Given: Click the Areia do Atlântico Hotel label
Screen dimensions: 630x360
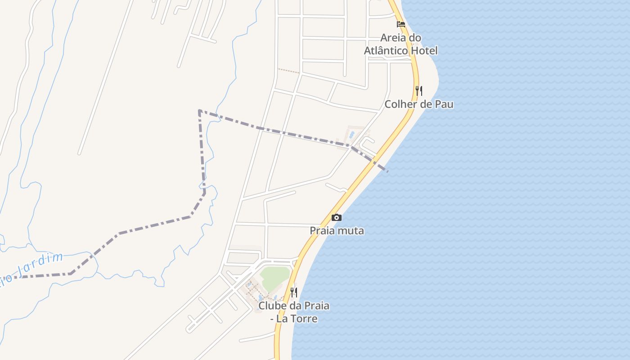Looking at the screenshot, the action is click(400, 44).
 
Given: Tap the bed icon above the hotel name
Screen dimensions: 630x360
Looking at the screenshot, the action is click(400, 24).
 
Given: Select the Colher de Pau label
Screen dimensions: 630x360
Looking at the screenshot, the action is click(418, 104).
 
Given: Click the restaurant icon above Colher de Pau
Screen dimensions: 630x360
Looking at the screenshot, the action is click(418, 91).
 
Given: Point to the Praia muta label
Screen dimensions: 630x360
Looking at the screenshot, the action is click(337, 231).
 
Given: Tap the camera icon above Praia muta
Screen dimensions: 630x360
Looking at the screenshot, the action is click(336, 218).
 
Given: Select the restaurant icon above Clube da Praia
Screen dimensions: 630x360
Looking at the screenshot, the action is click(293, 292).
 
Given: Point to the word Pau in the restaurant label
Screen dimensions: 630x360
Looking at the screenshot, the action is click(444, 104).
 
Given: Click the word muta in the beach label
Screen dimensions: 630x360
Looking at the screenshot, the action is click(352, 231).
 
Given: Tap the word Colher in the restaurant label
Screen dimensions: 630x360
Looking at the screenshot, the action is click(400, 104).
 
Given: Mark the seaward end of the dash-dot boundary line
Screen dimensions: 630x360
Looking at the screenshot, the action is click(387, 171).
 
